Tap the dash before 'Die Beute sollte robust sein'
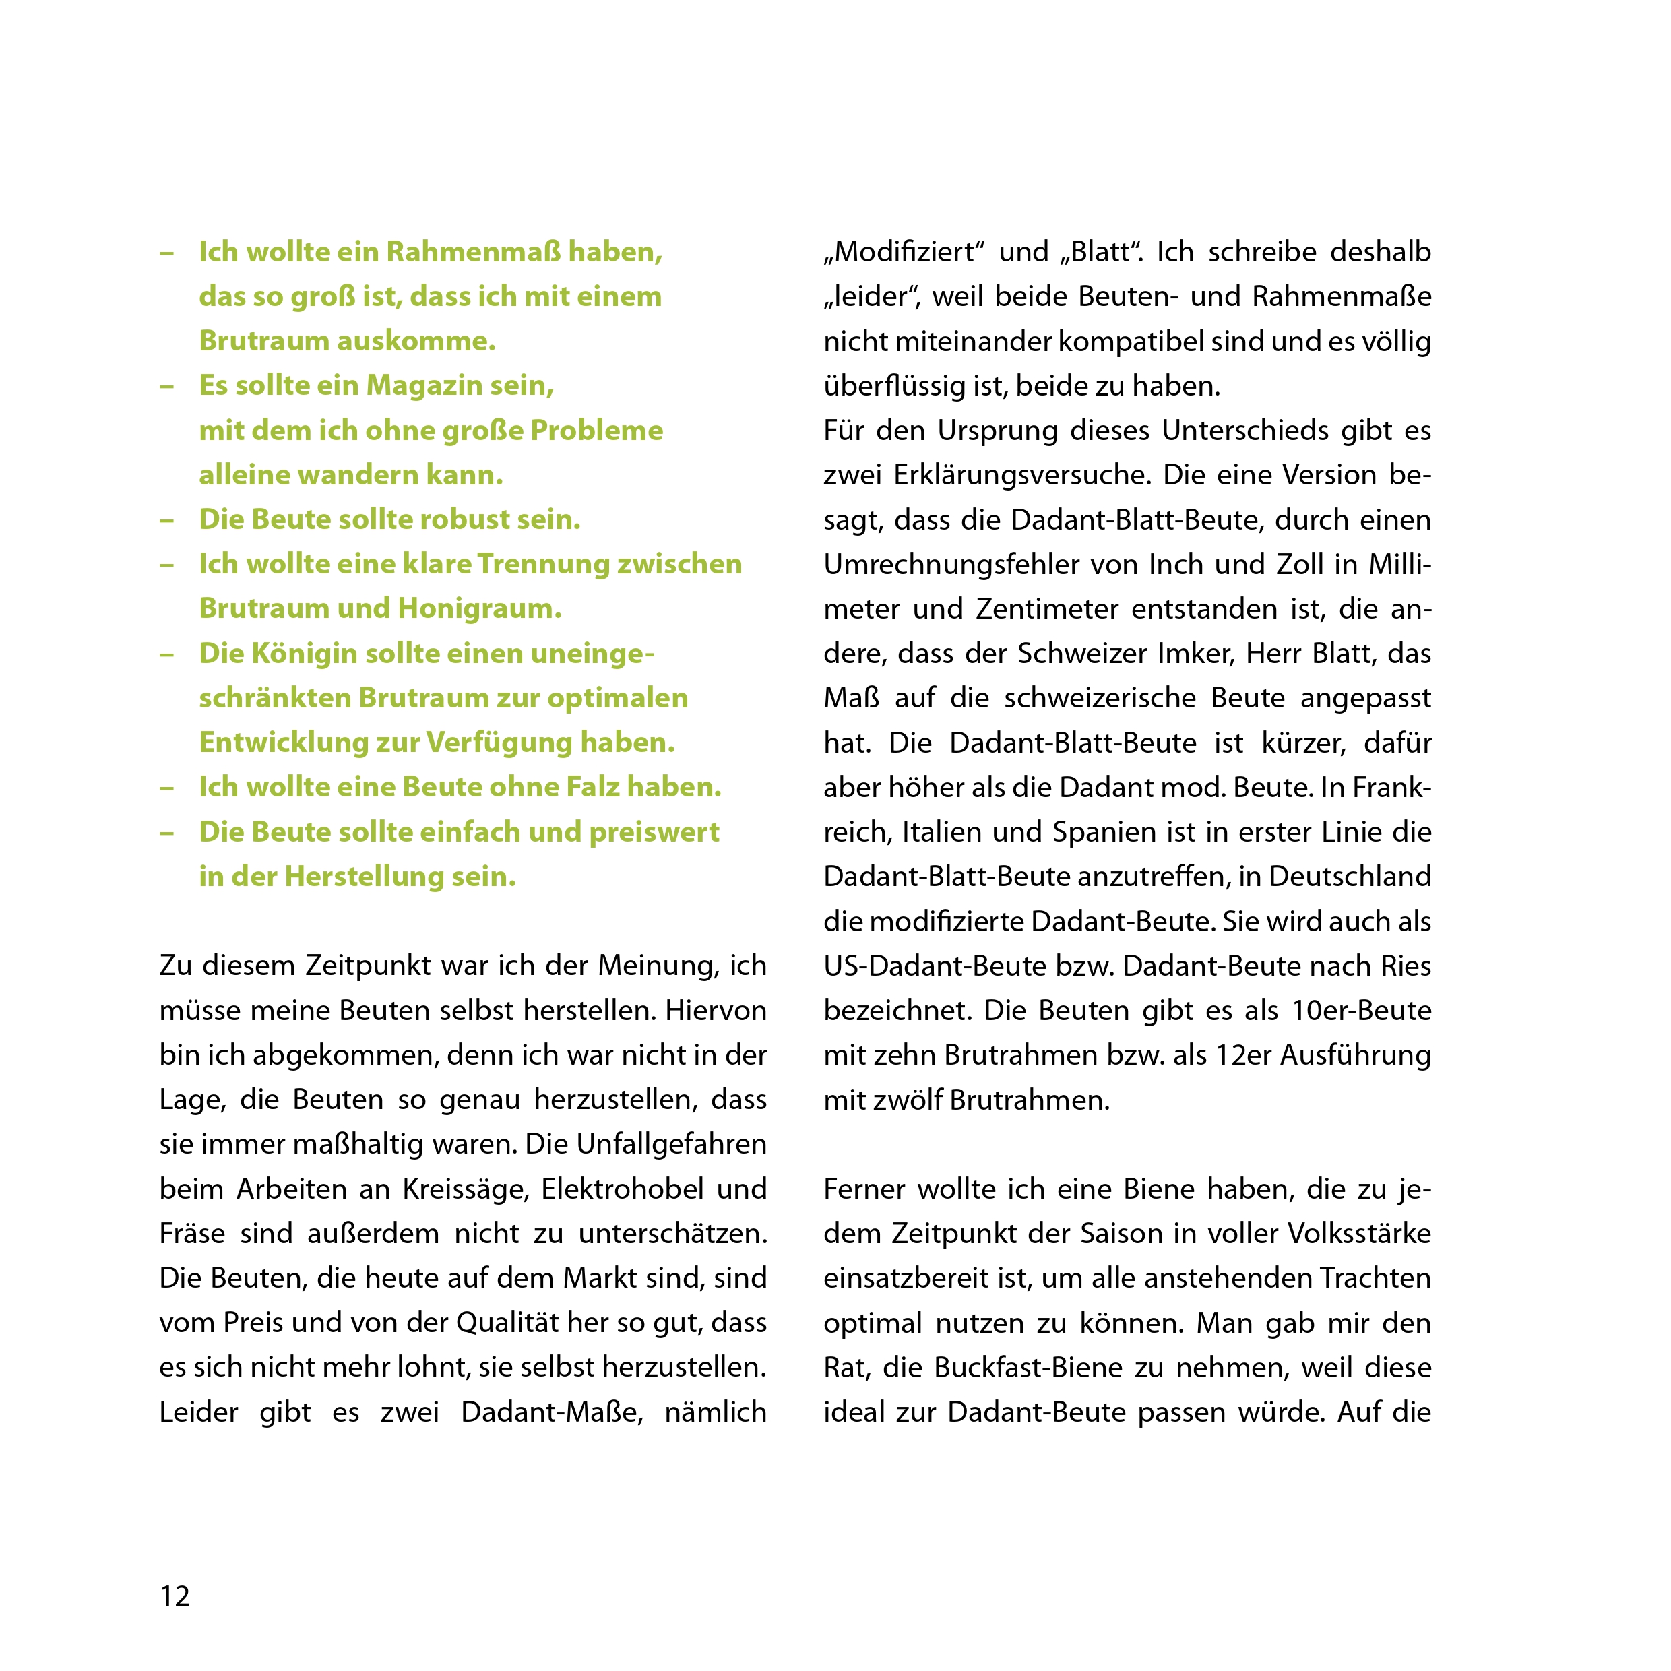[x=167, y=519]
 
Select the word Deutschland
[x=1350, y=876]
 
